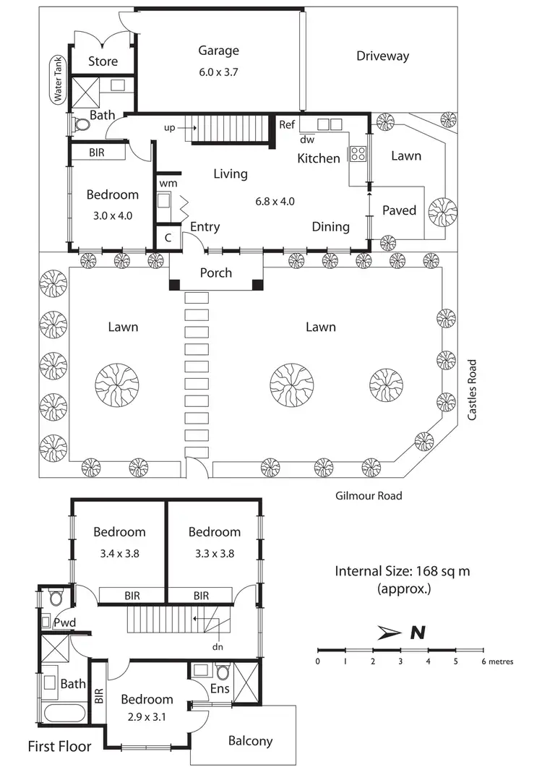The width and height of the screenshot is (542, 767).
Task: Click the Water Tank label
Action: pyautogui.click(x=55, y=80)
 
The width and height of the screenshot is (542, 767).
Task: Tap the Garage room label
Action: pyautogui.click(x=218, y=51)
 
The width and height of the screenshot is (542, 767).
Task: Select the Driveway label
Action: pyautogui.click(x=382, y=56)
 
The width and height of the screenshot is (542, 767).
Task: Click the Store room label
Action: pyautogui.click(x=103, y=61)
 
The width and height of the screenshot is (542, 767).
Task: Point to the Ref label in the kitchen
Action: pyautogui.click(x=287, y=124)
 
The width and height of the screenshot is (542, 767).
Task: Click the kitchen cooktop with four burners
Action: pyautogui.click(x=357, y=153)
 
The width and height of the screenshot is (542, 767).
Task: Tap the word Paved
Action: pyautogui.click(x=399, y=210)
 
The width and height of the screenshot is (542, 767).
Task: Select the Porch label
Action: pyautogui.click(x=215, y=273)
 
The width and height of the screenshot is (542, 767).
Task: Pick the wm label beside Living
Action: pyautogui.click(x=168, y=184)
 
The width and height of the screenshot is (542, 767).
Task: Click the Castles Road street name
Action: pyautogui.click(x=473, y=390)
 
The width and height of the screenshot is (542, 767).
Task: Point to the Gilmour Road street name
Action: pyautogui.click(x=369, y=496)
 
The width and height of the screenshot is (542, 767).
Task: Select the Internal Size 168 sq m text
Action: pyautogui.click(x=403, y=571)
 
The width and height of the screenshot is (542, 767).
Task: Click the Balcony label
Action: pyautogui.click(x=250, y=740)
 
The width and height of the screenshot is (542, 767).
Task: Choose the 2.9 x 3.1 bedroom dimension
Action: pyautogui.click(x=147, y=719)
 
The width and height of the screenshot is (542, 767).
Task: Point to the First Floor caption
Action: pyautogui.click(x=59, y=746)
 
